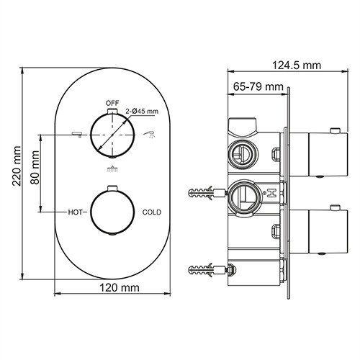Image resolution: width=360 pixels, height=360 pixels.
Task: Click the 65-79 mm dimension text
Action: click(258, 87)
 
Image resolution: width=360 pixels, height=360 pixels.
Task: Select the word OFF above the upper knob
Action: click(111, 104)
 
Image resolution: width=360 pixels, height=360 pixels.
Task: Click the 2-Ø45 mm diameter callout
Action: click(142, 111)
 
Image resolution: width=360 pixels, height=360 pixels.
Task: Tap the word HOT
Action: click(77, 212)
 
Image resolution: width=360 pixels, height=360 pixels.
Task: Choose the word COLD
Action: click(152, 212)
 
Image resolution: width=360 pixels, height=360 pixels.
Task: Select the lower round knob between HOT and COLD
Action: click(112, 212)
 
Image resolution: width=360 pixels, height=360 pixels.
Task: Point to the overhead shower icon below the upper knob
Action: click(112, 170)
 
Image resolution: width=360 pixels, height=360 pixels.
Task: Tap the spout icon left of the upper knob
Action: click(75, 134)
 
